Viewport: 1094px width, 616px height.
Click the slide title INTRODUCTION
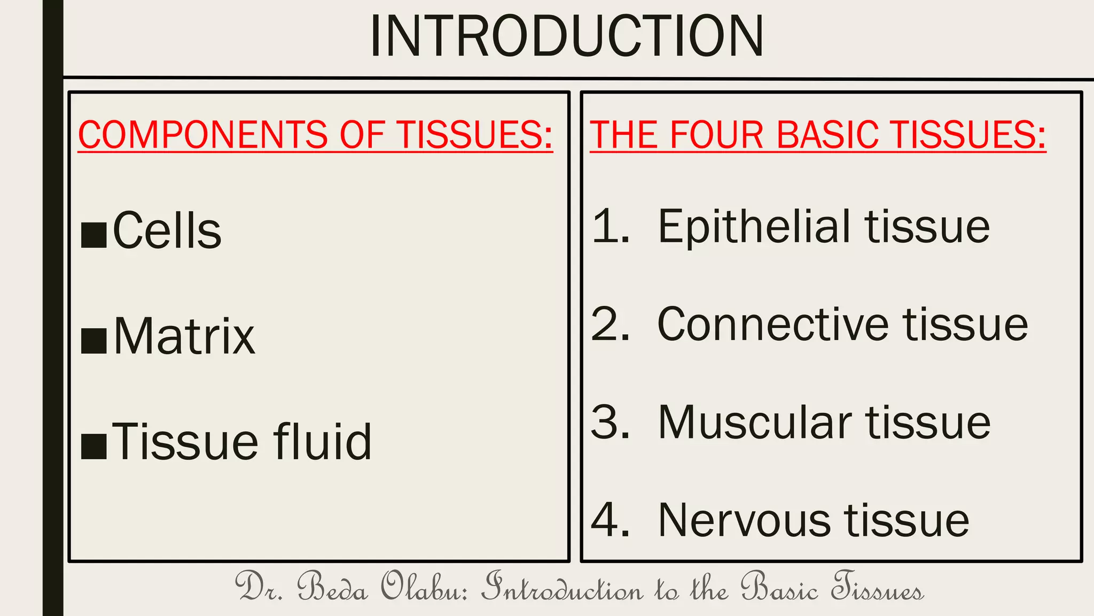[x=566, y=36]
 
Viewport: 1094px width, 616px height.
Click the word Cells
[x=167, y=231]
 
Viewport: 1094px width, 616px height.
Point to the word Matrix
[x=184, y=337]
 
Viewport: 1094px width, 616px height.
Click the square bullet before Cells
[x=94, y=236]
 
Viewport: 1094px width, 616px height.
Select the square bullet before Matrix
[x=94, y=342]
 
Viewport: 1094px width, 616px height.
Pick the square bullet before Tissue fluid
[x=94, y=447]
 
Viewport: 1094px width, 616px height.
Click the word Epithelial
[x=753, y=227]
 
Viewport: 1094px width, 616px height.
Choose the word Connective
[x=772, y=325]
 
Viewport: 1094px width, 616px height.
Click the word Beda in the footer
[x=332, y=587]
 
